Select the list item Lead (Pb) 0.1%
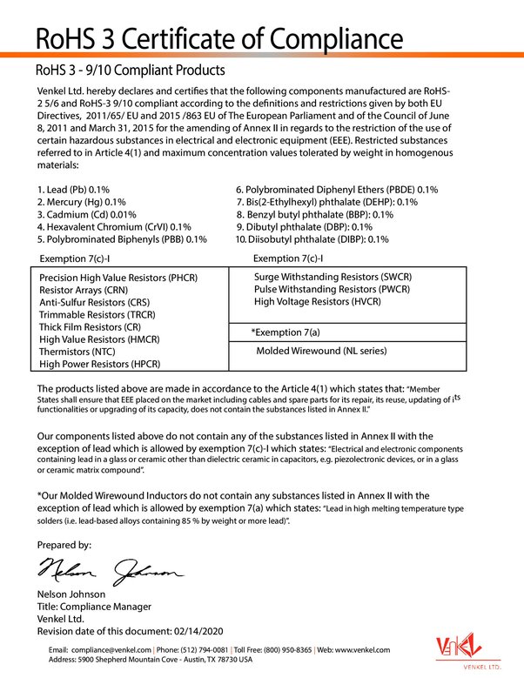(x=74, y=189)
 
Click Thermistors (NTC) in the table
(x=77, y=352)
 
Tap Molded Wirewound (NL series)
(x=320, y=351)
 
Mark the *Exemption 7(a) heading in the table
(x=286, y=332)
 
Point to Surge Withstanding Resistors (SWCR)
(x=333, y=277)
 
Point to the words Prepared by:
(x=64, y=545)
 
